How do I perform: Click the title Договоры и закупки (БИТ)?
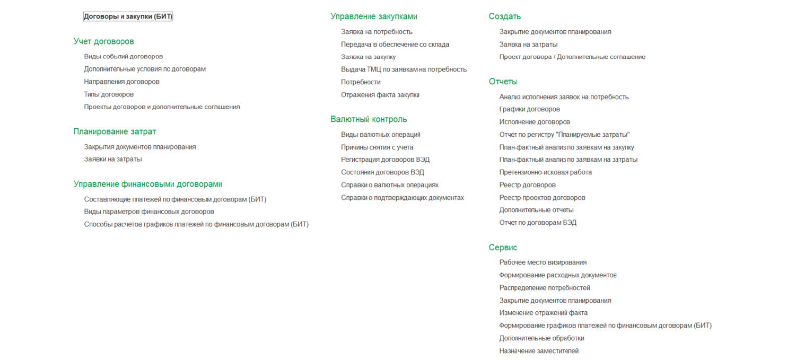128,16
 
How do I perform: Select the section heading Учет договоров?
103,41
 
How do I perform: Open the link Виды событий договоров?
123,56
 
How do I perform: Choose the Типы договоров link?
109,94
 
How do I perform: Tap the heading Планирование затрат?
115,131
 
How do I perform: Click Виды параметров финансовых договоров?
149,212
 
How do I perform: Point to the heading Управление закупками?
373,16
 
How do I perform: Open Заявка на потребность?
377,32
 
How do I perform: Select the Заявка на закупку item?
368,57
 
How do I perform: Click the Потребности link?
361,82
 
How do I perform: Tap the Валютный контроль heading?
369,119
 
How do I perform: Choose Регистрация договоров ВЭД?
385,160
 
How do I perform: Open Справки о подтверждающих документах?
402,198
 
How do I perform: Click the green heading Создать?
504,16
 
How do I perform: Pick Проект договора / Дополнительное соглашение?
572,57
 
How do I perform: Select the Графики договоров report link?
529,109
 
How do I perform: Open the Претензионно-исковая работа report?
545,172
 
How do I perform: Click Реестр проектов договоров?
542,198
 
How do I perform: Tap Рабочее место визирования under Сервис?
543,262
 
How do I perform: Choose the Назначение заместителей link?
539,351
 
